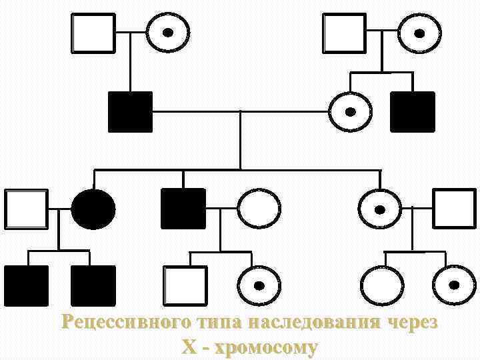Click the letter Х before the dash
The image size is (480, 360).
click(x=189, y=347)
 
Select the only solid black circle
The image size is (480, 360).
click(x=93, y=209)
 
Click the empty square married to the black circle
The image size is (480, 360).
click(x=27, y=209)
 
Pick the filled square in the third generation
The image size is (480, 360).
click(x=183, y=209)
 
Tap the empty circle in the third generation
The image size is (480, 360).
click(x=259, y=209)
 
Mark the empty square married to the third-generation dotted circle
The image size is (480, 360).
click(x=454, y=209)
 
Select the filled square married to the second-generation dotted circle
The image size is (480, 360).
click(x=130, y=111)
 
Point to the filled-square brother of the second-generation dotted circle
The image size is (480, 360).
click(x=412, y=111)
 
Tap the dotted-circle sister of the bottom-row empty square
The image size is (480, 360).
click(x=259, y=285)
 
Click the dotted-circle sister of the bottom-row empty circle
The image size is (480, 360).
click(x=454, y=285)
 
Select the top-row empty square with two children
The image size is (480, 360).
click(x=344, y=33)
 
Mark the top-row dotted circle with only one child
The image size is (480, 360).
click(x=167, y=33)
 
